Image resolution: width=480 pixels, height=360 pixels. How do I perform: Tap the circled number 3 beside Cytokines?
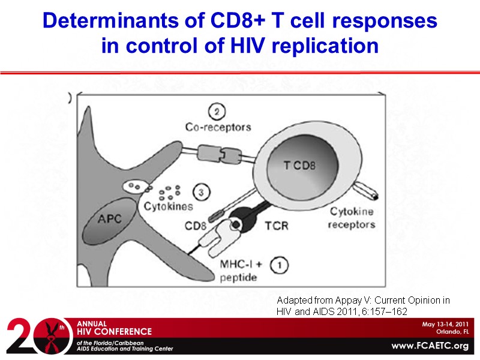click(x=202, y=193)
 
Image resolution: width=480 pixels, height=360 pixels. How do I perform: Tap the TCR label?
click(x=278, y=228)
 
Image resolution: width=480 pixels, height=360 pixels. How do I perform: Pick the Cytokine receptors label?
click(x=352, y=218)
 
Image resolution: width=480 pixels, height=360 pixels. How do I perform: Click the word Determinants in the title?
click(x=96, y=22)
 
